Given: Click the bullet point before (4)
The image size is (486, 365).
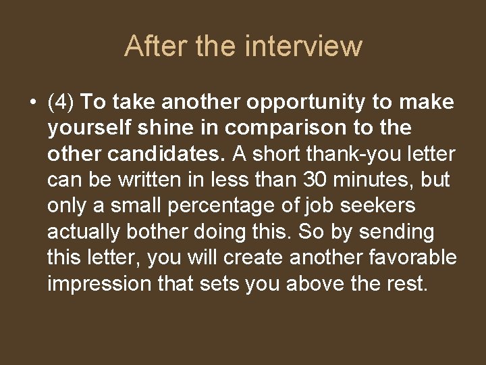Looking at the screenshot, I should (33, 103).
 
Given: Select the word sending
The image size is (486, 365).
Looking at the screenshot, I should (396, 232).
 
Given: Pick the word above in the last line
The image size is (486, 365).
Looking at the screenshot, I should (315, 283).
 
